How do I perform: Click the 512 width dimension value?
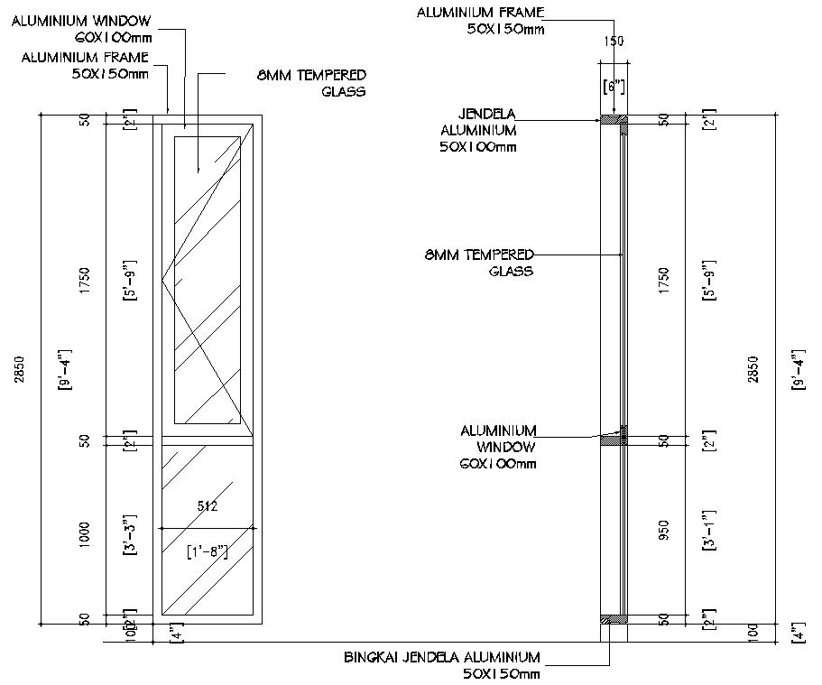pyautogui.click(x=208, y=506)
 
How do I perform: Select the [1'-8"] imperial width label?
pyautogui.click(x=207, y=551)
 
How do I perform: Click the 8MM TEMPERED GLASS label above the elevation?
pyautogui.click(x=310, y=83)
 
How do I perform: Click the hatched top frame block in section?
pyautogui.click(x=613, y=119)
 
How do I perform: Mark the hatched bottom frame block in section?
pyautogui.click(x=613, y=619)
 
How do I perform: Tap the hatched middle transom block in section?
pyautogui.click(x=614, y=440)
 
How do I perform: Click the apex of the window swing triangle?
pyautogui.click(x=162, y=281)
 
